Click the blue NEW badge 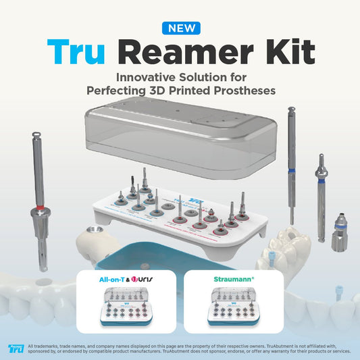tap(180, 28)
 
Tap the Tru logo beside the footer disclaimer tap(15, 349)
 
